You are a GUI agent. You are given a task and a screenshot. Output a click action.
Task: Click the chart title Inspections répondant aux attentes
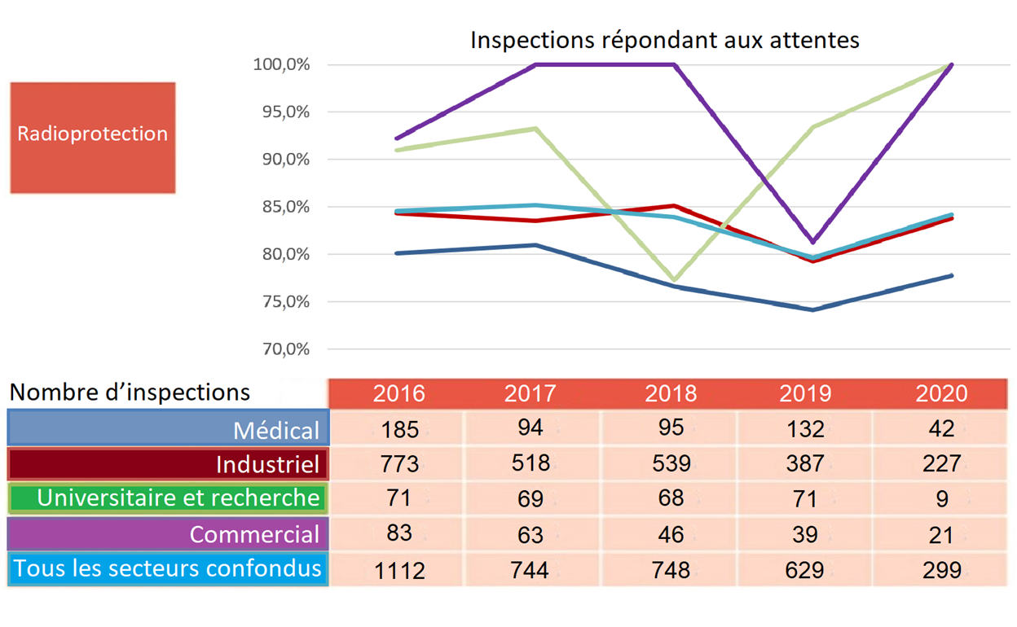pos(664,40)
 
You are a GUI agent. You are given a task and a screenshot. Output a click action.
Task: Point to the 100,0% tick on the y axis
pos(281,64)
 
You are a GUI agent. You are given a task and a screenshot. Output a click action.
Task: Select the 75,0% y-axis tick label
pos(281,302)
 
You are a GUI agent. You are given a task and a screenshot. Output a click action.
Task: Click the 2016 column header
pos(398,394)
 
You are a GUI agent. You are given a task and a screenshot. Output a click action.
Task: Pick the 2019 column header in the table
pos(804,394)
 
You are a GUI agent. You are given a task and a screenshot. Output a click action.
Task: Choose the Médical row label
pos(276,429)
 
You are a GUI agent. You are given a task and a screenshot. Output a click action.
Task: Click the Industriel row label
pos(267,464)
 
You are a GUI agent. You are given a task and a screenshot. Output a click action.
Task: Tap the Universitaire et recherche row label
pos(178,498)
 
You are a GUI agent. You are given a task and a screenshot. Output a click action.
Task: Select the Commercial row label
pos(254,534)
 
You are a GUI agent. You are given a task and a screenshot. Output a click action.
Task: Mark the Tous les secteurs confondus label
pos(169,568)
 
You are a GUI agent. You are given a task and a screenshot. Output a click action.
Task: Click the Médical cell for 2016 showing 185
pos(398,429)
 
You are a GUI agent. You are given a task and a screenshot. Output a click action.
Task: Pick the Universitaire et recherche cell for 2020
pos(941,498)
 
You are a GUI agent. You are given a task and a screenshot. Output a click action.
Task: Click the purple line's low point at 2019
pos(812,242)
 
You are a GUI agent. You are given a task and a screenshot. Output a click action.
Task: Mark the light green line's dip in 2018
pos(674,279)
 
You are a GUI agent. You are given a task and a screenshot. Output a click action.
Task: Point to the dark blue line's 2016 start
pos(396,253)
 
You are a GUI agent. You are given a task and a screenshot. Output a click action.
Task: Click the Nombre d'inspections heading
pos(130,392)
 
